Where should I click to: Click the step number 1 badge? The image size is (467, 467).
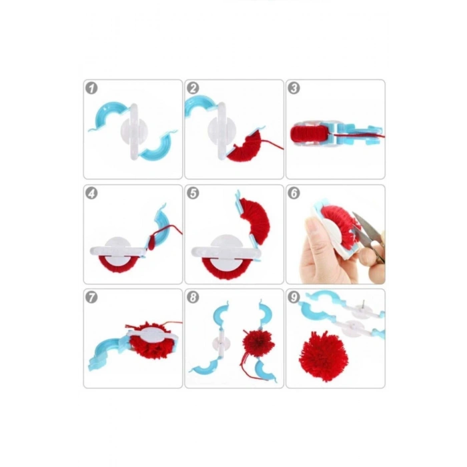(x=91, y=88)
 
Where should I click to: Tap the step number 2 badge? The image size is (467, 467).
(x=193, y=88)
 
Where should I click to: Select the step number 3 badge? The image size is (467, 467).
(x=294, y=88)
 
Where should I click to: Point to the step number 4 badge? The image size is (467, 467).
(x=91, y=193)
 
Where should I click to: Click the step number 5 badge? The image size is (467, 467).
(x=193, y=193)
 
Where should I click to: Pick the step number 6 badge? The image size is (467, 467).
(x=294, y=193)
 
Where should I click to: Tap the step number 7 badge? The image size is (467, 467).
(x=91, y=298)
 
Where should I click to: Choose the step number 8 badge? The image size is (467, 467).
(x=193, y=298)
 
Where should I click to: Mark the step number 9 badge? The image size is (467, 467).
(x=294, y=298)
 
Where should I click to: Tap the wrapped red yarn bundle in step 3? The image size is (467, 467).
(x=309, y=133)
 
